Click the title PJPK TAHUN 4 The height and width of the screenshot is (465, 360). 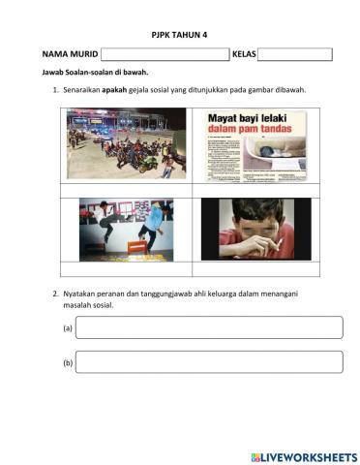coord(179,34)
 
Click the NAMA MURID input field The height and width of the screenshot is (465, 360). coord(164,54)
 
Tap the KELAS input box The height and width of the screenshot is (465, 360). coord(294,54)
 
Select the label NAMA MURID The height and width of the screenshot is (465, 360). coord(69,55)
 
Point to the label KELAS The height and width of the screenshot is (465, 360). coord(244,55)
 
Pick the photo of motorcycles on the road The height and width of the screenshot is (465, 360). coord(126,142)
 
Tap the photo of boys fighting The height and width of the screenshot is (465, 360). coord(126,230)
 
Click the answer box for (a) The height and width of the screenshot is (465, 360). coord(208,327)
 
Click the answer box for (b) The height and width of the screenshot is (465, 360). coord(208,362)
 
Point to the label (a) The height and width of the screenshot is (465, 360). coord(68,328)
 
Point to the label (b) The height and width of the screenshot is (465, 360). coord(68,363)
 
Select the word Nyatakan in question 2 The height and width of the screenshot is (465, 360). coord(80,293)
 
